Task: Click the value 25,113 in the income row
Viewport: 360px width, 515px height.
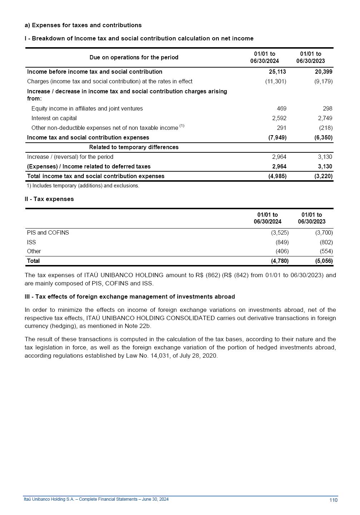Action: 277,72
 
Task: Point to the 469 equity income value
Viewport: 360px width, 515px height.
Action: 281,108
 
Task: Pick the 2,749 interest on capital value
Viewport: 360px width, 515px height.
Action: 325,118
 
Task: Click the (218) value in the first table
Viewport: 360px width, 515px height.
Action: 326,128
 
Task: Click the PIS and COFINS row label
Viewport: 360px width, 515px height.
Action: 48,232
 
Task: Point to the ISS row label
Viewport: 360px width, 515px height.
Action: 31,242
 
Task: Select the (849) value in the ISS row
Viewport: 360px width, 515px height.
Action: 282,242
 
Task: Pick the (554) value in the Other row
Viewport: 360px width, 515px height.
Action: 326,251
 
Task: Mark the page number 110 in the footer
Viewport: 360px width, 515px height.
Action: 333,500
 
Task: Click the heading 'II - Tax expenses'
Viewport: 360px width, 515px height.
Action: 49,199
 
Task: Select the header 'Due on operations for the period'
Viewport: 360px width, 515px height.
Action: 134,57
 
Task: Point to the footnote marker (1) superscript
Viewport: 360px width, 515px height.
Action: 182,126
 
